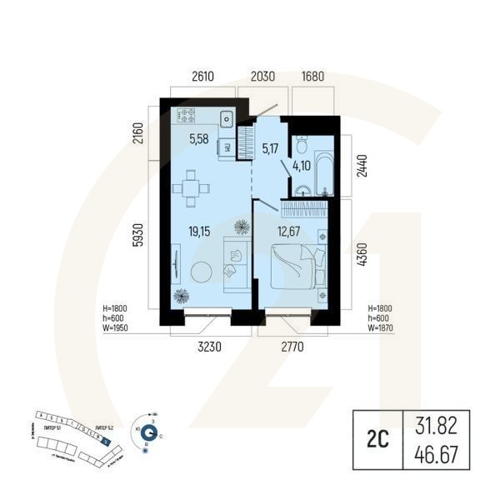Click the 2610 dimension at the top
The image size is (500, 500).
[x=203, y=76]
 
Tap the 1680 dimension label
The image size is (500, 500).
[x=313, y=76]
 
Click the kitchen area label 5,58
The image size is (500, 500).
[x=199, y=139]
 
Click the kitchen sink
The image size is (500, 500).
[x=226, y=117]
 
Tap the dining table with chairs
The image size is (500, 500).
[x=192, y=188]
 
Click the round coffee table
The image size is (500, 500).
[x=201, y=272]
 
